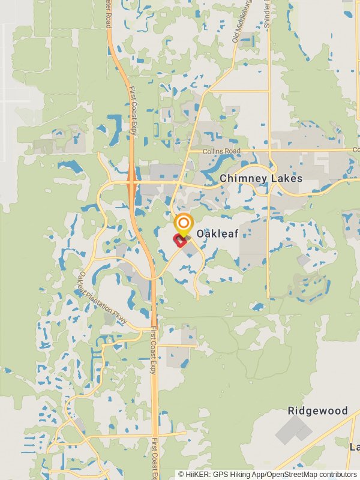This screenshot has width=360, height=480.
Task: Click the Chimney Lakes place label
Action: [x=261, y=179]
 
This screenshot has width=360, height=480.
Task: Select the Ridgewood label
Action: [x=317, y=411]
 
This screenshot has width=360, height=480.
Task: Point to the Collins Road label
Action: [x=222, y=151]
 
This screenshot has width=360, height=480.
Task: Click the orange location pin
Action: [x=183, y=224]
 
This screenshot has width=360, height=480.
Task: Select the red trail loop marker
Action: [x=179, y=241]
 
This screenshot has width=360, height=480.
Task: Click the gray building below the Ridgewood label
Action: [x=294, y=430]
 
